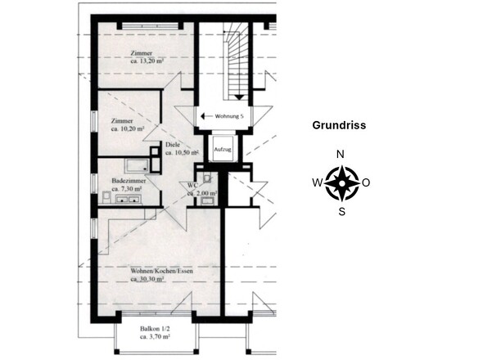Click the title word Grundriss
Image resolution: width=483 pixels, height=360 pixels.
tap(339, 126)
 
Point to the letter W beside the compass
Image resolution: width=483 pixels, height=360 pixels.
tap(316, 183)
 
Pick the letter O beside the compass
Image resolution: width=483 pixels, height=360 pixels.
tap(366, 183)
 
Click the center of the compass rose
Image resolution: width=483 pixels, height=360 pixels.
tap(340, 183)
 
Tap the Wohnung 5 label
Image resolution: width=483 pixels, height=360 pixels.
tap(233, 117)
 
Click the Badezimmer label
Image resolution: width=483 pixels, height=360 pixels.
tap(127, 179)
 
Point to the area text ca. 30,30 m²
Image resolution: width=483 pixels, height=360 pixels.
tap(148, 279)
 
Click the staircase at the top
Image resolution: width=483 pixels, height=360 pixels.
tap(235, 57)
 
